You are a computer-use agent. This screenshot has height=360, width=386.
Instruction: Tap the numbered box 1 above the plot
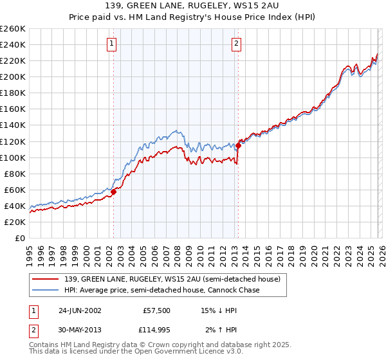click(112, 44)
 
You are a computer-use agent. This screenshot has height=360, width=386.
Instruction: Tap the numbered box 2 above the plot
click(237, 44)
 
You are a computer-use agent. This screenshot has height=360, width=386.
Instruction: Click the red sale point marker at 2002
click(114, 192)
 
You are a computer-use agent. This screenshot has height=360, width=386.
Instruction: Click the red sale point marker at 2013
click(238, 145)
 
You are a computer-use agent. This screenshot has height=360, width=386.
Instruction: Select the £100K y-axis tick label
click(12, 157)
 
